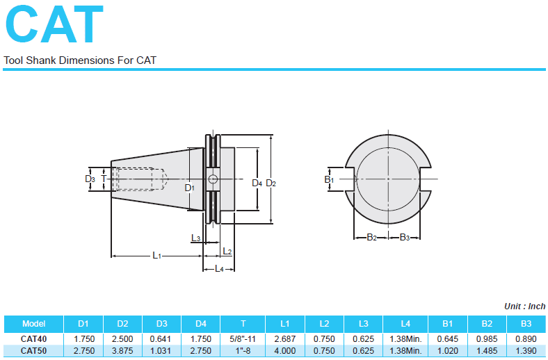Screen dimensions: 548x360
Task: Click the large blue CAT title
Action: pos(54,24)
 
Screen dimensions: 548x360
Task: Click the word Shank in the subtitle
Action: pos(40,60)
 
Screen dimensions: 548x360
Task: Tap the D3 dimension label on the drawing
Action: pos(90,179)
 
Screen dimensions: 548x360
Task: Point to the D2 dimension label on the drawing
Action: pos(271,183)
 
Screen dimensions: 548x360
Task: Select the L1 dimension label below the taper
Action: pos(156,256)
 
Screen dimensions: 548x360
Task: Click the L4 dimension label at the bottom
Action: pos(219,268)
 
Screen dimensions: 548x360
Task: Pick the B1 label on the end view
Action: pos(329,179)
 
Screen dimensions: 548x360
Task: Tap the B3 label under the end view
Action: pos(404,238)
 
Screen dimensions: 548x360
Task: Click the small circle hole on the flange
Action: pos(213,179)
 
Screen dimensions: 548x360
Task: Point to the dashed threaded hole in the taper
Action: pos(142,179)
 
